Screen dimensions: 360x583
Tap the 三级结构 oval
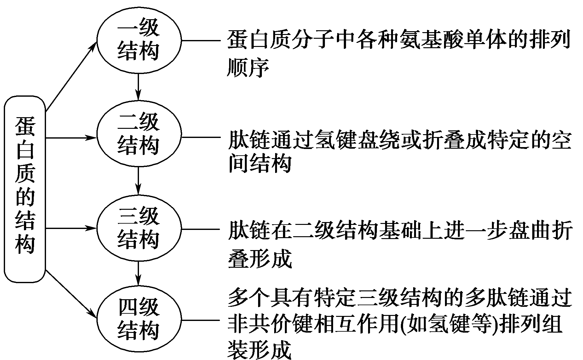139,228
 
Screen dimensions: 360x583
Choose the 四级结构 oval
139,320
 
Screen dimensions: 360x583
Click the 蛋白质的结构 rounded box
25,189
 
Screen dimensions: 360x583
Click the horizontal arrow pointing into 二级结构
71,138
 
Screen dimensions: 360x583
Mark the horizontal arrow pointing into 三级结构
71,228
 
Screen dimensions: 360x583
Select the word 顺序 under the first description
248,67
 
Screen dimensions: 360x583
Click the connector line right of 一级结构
200,40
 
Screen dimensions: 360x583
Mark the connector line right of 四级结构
200,320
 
